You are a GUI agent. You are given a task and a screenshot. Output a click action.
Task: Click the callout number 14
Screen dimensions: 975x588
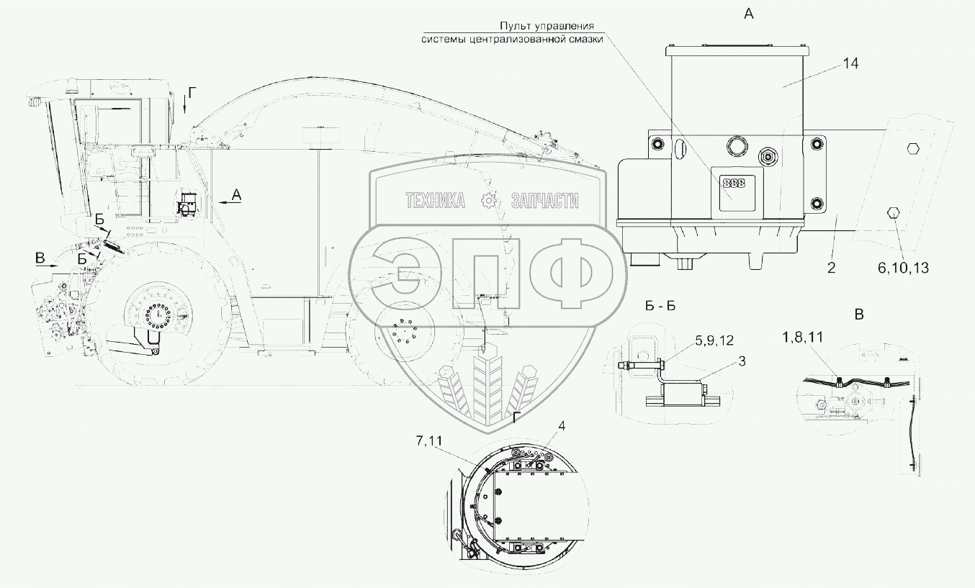click(x=851, y=64)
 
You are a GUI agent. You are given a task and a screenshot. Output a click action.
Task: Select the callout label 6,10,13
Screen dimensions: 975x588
click(x=903, y=268)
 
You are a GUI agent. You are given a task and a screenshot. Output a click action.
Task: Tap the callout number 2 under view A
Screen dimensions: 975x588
click(x=832, y=268)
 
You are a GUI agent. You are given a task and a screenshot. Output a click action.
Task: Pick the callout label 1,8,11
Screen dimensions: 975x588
click(x=803, y=337)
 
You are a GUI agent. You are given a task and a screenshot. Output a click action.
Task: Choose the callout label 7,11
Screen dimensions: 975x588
click(x=429, y=441)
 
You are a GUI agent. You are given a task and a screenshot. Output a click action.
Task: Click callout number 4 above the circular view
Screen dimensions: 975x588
click(x=562, y=426)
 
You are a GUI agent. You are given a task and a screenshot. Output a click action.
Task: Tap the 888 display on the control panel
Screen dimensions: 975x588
click(x=734, y=183)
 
